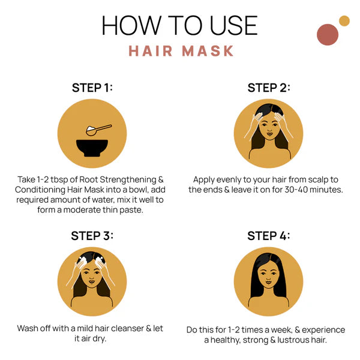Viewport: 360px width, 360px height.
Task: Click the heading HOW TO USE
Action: tap(179, 25)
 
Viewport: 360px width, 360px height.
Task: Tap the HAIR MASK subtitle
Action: tap(181, 51)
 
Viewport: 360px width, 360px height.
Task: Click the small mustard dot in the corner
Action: tap(344, 21)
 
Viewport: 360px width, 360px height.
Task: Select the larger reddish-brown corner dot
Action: tap(328, 35)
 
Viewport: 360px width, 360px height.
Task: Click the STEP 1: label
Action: tap(92, 88)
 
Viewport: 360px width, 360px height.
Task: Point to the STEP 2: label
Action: tap(268, 88)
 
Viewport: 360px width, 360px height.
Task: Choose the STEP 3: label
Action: tap(92, 235)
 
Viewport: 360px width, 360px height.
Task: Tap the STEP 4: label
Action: tap(268, 235)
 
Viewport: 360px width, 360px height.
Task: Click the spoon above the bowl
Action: tap(99, 128)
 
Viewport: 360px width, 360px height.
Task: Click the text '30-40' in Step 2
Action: tap(289, 190)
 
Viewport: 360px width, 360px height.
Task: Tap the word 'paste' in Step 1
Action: tap(131, 210)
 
